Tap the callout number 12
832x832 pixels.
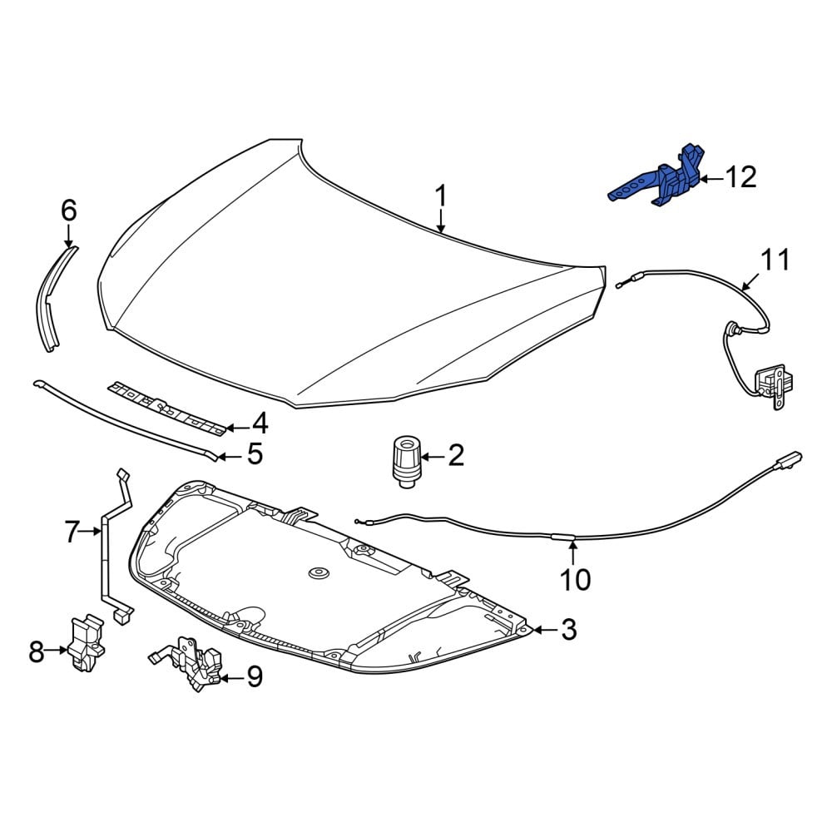click(x=740, y=177)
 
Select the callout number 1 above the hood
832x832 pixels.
click(x=441, y=196)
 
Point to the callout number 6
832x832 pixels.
click(x=69, y=210)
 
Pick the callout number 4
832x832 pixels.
click(x=260, y=424)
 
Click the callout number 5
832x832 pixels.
click(x=255, y=454)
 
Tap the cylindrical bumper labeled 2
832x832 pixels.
click(x=407, y=461)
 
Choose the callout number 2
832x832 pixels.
click(x=456, y=455)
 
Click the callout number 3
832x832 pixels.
click(x=568, y=629)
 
